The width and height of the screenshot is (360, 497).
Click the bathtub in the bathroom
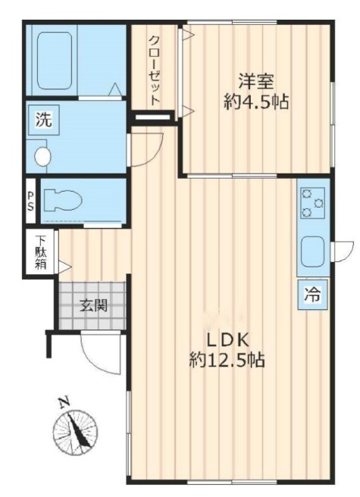click(x=55, y=60)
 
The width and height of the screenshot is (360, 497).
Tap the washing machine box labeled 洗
click(x=44, y=120)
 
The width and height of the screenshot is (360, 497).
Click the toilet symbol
click(x=63, y=200)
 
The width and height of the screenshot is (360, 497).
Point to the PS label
click(x=30, y=201)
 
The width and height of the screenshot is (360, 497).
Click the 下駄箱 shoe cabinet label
click(x=40, y=252)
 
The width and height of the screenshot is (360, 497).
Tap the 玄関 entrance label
click(x=93, y=305)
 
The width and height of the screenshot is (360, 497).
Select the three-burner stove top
click(x=313, y=203)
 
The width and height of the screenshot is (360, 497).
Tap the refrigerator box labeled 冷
click(x=312, y=295)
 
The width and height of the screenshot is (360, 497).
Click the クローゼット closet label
click(x=155, y=70)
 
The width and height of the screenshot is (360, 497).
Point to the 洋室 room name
click(x=256, y=81)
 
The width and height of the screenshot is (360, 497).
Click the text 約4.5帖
click(x=256, y=102)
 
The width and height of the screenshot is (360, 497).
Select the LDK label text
click(x=227, y=340)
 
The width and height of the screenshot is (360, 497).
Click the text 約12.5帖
click(x=227, y=360)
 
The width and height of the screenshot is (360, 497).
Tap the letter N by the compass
click(x=64, y=402)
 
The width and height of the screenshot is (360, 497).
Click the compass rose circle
click(x=75, y=433)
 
